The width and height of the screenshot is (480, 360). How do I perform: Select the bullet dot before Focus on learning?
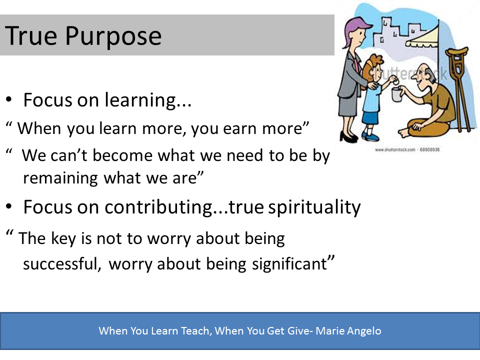click(9, 99)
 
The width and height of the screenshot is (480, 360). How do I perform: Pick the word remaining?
click(60, 178)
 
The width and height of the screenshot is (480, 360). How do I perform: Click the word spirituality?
click(314, 207)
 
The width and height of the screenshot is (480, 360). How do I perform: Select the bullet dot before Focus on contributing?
click(9, 206)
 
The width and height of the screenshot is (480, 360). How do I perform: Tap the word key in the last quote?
click(63, 238)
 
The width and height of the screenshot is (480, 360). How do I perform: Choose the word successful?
click(62, 263)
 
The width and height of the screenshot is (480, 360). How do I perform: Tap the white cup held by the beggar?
click(396, 94)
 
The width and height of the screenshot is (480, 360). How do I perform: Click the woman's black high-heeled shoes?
click(348, 137)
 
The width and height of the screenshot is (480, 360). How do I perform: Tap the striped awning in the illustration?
click(422, 38)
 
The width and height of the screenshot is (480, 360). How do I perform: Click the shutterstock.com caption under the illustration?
click(407, 149)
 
